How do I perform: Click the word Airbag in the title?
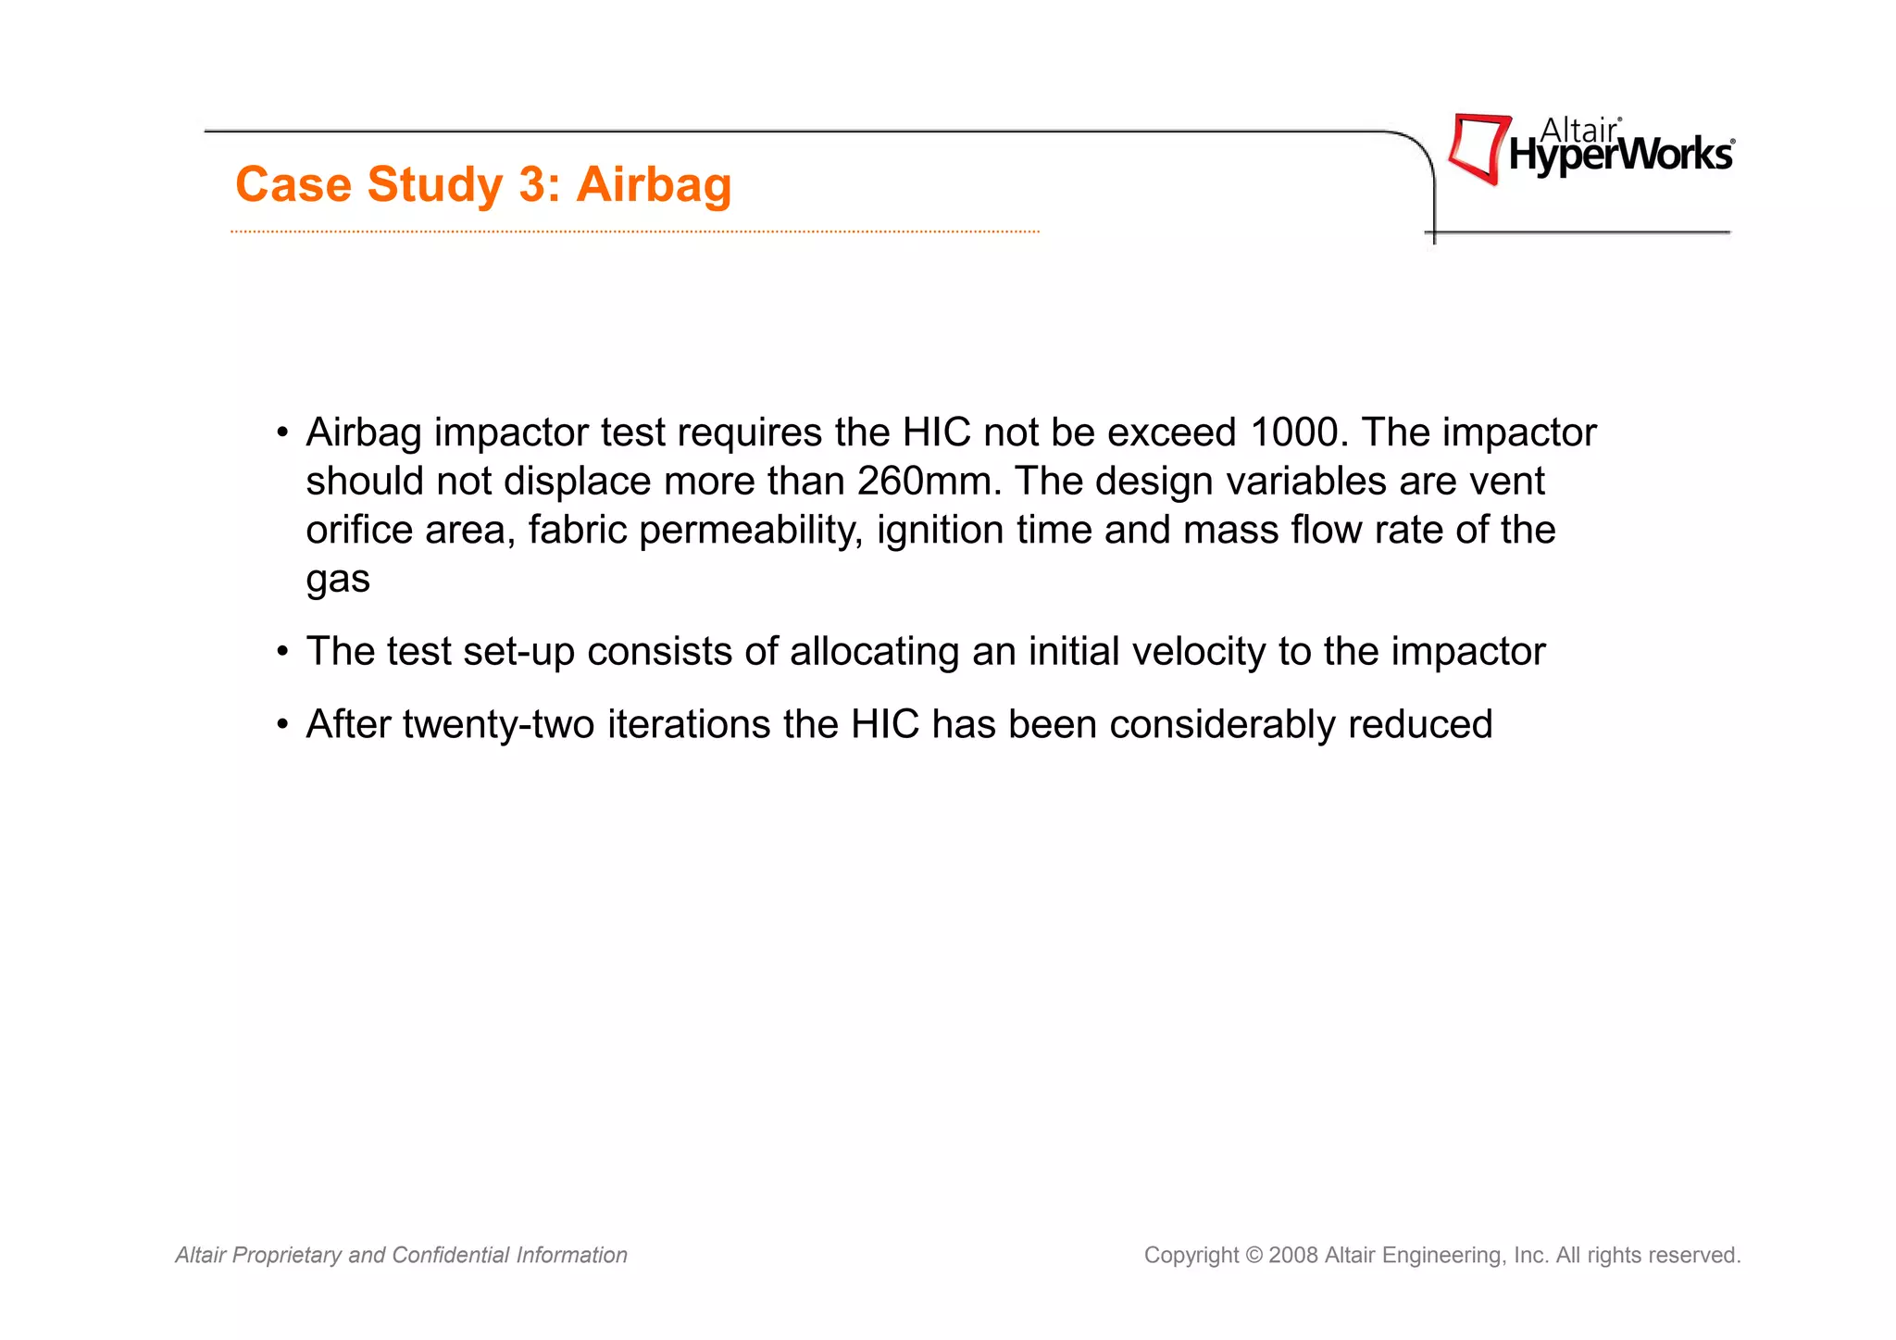(654, 184)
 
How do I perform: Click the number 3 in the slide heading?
(533, 184)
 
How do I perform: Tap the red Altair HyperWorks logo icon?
(1478, 148)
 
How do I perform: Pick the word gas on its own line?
(338, 580)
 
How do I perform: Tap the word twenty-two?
(498, 724)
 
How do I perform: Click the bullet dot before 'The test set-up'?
(282, 652)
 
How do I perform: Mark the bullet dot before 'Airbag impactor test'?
(282, 433)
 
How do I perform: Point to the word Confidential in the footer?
(451, 1255)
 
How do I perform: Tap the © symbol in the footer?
(1254, 1255)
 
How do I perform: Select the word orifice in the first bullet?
(359, 531)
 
